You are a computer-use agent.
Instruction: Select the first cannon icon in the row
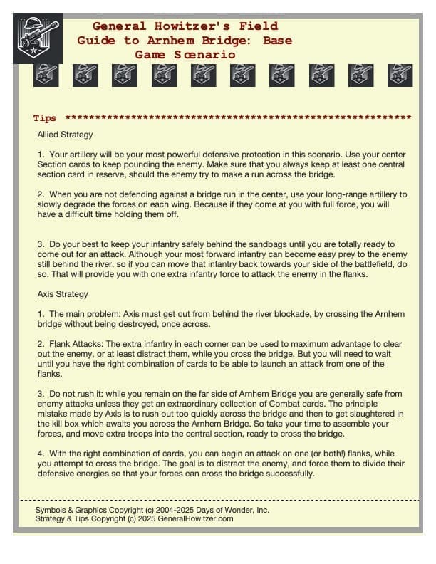coord(46,74)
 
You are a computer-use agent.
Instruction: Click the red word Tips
coord(45,118)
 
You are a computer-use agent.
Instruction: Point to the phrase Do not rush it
coord(79,392)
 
